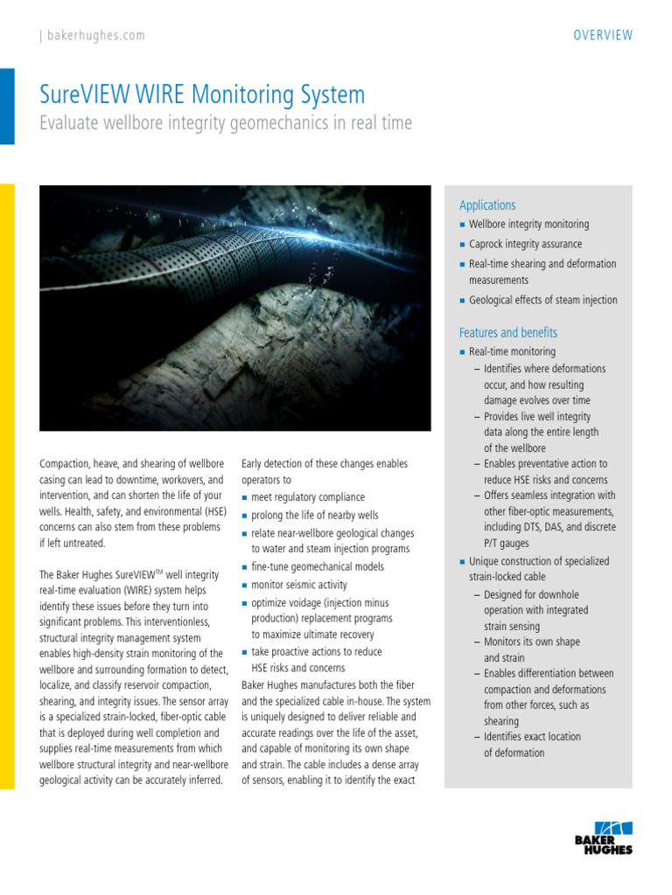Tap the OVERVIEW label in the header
[x=603, y=36]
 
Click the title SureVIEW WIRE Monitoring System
[x=203, y=94]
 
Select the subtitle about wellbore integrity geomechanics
[x=226, y=123]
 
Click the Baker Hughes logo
[x=604, y=836]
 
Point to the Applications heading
[x=487, y=205]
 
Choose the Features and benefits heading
[x=507, y=333]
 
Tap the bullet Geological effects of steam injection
[x=542, y=300]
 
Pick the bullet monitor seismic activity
[x=299, y=585]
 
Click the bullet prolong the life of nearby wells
[x=315, y=515]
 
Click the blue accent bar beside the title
[x=7, y=107]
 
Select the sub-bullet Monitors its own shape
[x=532, y=642]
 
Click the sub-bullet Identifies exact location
[x=532, y=737]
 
